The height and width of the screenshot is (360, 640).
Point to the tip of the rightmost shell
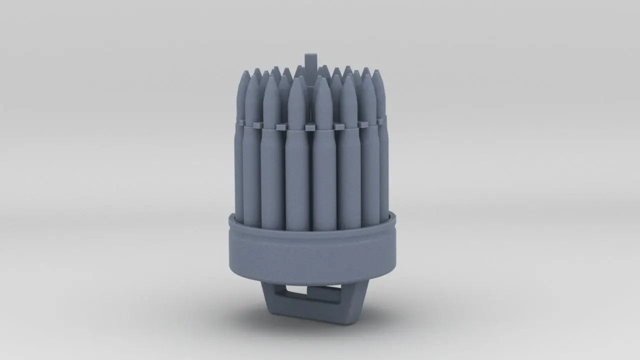click(376, 71)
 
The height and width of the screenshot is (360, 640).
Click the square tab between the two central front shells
click(310, 127)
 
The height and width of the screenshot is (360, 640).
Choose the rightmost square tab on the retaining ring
click(382, 120)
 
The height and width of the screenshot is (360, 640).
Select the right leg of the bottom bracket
click(358, 300)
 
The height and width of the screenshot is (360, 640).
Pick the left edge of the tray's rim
click(230, 220)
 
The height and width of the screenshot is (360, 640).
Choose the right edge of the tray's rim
click(395, 219)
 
